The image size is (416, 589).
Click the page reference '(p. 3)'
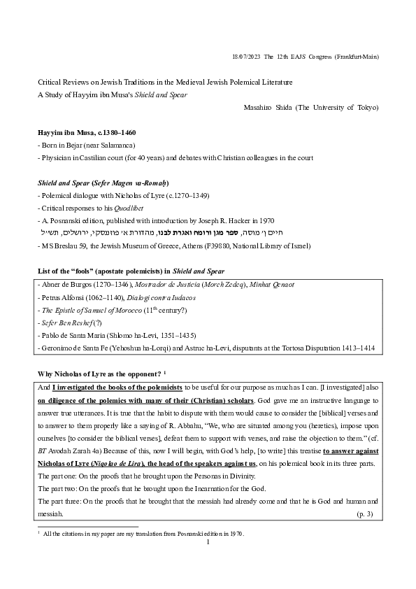(365, 514)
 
